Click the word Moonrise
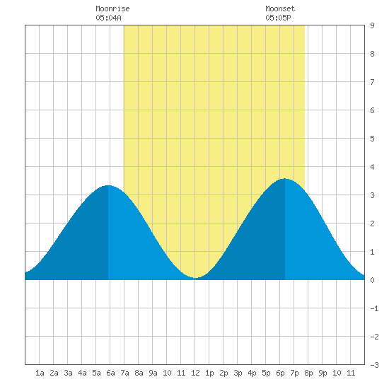tap(112, 8)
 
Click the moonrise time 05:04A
tap(108, 18)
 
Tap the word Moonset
tap(280, 8)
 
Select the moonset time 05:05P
tap(278, 18)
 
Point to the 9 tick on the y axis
tap(372, 25)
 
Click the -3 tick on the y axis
tap(374, 365)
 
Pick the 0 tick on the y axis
tap(372, 280)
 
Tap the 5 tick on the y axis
tap(372, 139)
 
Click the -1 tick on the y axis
tap(374, 308)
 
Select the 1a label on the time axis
tap(40, 373)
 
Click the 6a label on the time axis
tap(110, 373)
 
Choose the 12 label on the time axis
tap(195, 373)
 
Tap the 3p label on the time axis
tap(238, 373)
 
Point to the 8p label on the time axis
tap(308, 373)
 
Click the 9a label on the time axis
tap(153, 373)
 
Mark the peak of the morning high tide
tap(108, 185)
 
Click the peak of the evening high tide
tap(285, 178)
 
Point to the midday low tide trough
tap(195, 278)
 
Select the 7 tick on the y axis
tap(372, 82)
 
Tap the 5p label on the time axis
tap(266, 373)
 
